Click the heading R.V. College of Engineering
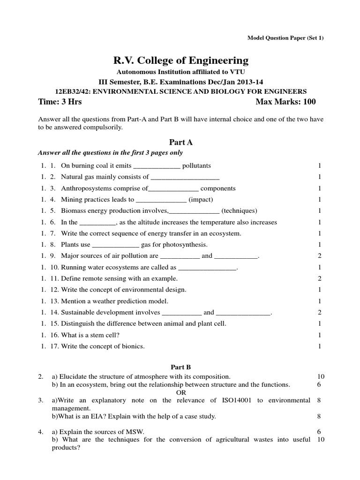pyautogui.click(x=180, y=60)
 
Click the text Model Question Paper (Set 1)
pyautogui.click(x=285, y=38)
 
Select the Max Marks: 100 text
pyautogui.click(x=286, y=102)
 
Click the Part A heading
pyautogui.click(x=180, y=142)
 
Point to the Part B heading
pyautogui.click(x=180, y=367)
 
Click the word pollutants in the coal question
pyautogui.click(x=196, y=165)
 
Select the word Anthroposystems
pyautogui.click(x=85, y=188)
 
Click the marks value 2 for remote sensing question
pyautogui.click(x=319, y=278)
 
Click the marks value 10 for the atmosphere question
pyautogui.click(x=321, y=376)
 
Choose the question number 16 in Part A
pyautogui.click(x=53, y=335)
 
